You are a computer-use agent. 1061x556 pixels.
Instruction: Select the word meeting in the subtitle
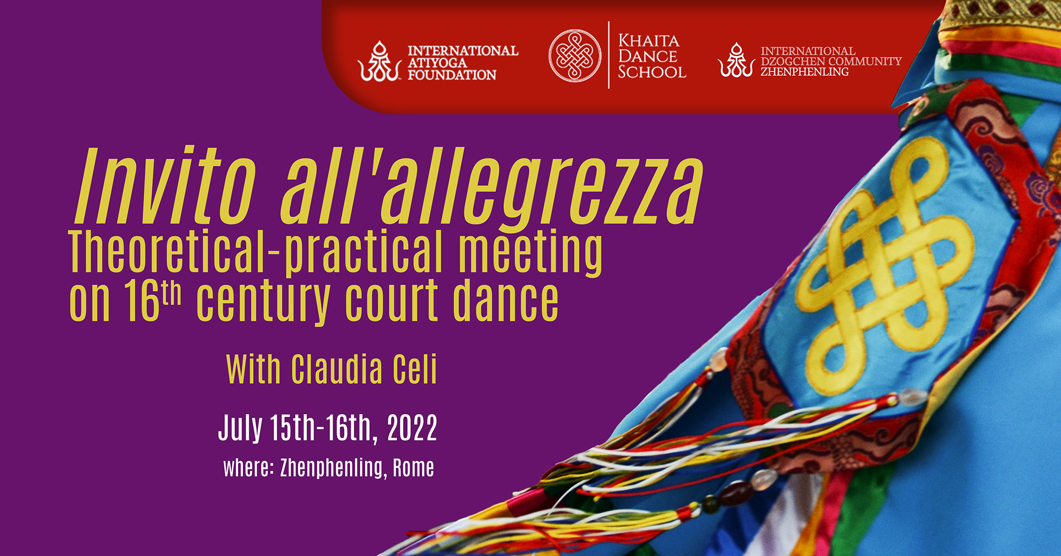[x=530, y=253]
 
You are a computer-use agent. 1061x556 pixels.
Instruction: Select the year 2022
[x=412, y=427]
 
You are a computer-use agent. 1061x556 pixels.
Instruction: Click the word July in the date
[x=240, y=428]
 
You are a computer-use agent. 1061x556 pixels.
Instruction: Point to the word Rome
[x=413, y=468]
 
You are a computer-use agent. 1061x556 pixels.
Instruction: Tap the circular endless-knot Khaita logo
[x=575, y=56]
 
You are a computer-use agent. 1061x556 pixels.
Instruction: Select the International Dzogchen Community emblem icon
[x=736, y=60]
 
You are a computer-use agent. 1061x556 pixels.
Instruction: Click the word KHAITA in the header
[x=649, y=41]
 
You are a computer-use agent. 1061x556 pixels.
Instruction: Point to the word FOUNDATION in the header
[x=452, y=75]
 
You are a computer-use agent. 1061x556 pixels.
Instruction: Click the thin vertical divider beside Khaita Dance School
[x=608, y=55]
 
